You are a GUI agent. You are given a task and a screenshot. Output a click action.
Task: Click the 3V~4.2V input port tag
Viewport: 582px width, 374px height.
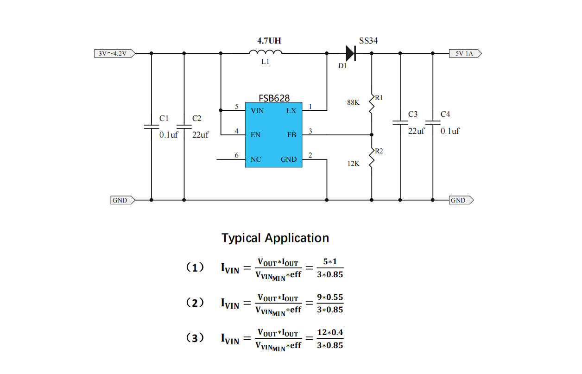pos(114,54)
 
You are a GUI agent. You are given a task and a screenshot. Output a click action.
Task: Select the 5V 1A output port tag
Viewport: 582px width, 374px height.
pos(465,54)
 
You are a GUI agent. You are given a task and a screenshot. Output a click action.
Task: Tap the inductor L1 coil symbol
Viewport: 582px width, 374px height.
pos(265,52)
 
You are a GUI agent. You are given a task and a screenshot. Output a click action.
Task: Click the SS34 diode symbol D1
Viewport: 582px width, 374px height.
pos(351,53)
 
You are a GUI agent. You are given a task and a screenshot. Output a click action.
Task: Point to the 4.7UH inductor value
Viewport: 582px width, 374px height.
pos(269,41)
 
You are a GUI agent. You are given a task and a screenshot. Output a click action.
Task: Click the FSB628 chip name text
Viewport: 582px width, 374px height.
pos(274,98)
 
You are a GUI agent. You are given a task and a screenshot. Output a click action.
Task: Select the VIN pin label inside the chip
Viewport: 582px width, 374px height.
pos(257,111)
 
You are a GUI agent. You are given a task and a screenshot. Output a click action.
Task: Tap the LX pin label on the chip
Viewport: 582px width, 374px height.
pos(291,111)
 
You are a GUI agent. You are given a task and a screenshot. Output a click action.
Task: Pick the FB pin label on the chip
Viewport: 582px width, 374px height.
pos(291,135)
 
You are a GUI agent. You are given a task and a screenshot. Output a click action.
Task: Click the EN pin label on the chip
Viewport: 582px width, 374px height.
pos(255,135)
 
